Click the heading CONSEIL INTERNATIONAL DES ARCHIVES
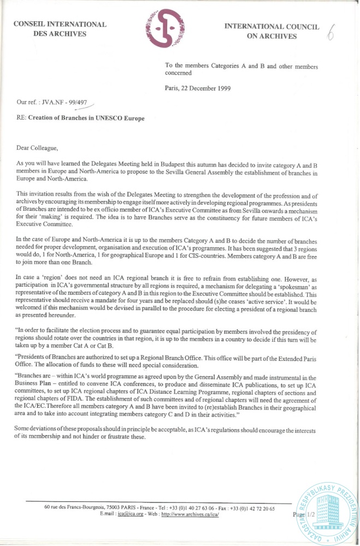[60, 28]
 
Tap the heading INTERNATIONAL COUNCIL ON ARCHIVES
[271, 32]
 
